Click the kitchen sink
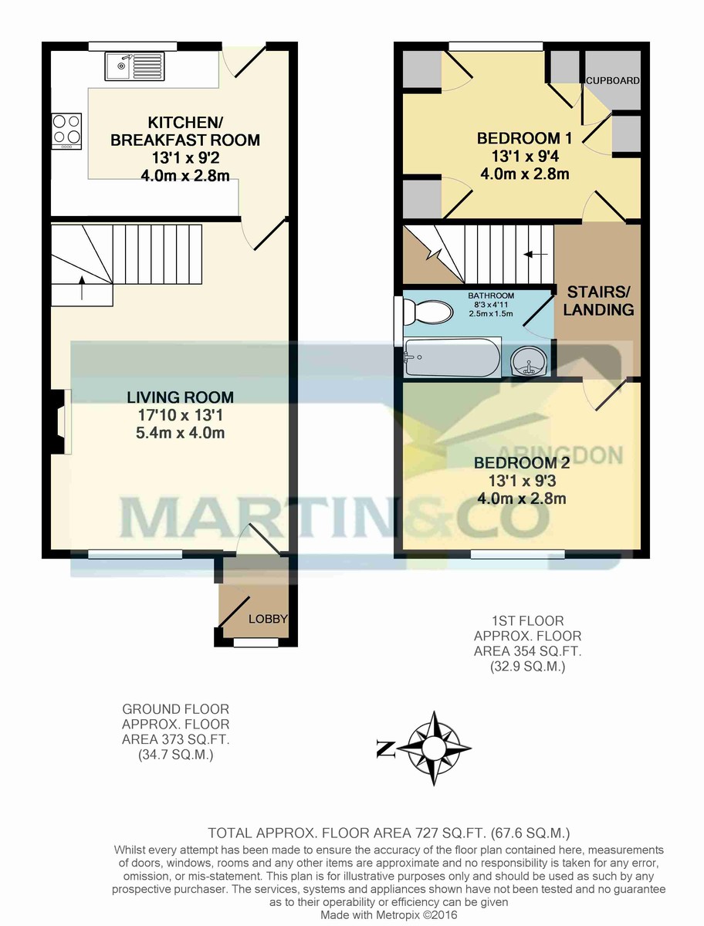[x=134, y=66]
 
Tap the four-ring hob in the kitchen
[x=66, y=130]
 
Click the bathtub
[x=452, y=357]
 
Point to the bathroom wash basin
[x=529, y=361]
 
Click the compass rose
[x=434, y=749]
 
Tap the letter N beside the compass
[x=385, y=749]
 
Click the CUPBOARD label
[x=613, y=80]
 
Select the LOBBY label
[x=268, y=619]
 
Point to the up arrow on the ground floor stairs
[x=83, y=288]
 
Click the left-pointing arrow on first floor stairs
[x=535, y=255]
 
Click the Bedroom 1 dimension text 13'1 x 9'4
[x=525, y=157]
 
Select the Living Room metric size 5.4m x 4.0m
[x=180, y=433]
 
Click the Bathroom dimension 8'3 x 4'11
[x=491, y=305]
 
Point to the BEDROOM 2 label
[x=522, y=463]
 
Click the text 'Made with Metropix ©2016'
[x=388, y=916]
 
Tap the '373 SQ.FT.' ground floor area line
[x=175, y=739]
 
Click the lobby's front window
[x=256, y=643]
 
